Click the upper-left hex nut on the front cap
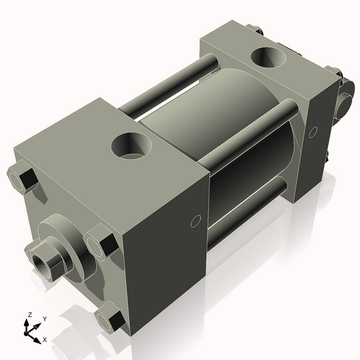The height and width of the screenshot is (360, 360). pos(23,178)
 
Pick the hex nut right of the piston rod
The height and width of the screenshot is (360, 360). pos(99,240)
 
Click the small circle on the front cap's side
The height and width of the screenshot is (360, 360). pos(195,222)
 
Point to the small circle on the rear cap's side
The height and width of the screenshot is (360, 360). pos(312,132)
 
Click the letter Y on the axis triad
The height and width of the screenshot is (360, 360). pos(44,318)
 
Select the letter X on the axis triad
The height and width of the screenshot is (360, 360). pos(45,338)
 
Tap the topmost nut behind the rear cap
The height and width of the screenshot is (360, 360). pos(256,30)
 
